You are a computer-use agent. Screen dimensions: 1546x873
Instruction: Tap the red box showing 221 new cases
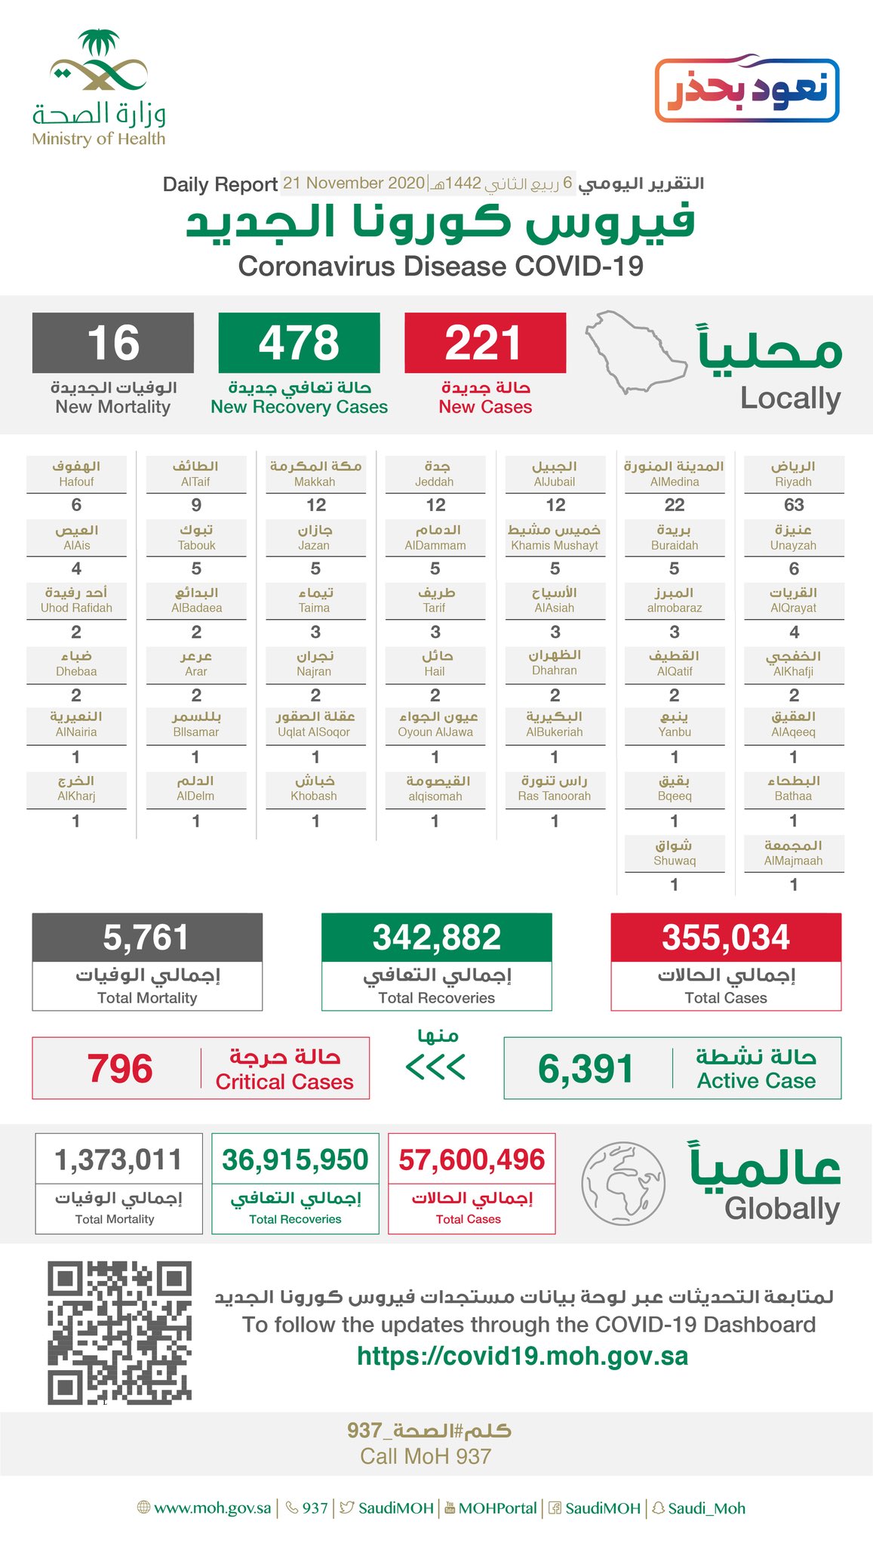pyautogui.click(x=484, y=343)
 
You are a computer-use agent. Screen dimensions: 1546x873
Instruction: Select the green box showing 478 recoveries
pyautogui.click(x=299, y=343)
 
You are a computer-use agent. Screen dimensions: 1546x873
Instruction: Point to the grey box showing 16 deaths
pyautogui.click(x=113, y=343)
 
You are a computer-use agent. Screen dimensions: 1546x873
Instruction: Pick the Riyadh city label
pyautogui.click(x=793, y=474)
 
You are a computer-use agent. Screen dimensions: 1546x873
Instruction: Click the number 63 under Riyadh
pyautogui.click(x=794, y=505)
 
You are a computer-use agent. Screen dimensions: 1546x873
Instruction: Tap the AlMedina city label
pyautogui.click(x=675, y=474)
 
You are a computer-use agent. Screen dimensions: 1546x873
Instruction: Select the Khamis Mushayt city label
pyautogui.click(x=555, y=537)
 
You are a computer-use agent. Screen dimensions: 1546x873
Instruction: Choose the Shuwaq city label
pyautogui.click(x=675, y=853)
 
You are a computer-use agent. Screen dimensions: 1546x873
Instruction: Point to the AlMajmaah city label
pyautogui.click(x=793, y=853)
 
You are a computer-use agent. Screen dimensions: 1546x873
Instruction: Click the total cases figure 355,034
pyautogui.click(x=726, y=938)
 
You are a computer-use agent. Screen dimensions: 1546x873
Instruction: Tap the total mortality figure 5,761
pyautogui.click(x=146, y=938)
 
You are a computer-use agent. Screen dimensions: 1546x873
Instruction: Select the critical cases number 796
pyautogui.click(x=120, y=1069)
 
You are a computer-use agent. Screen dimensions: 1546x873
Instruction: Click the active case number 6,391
pyautogui.click(x=586, y=1069)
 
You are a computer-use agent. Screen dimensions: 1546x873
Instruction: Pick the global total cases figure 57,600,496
pyautogui.click(x=472, y=1159)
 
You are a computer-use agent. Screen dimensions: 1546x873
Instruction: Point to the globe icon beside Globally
pyautogui.click(x=623, y=1183)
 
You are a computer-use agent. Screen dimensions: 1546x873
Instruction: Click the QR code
pyautogui.click(x=119, y=1332)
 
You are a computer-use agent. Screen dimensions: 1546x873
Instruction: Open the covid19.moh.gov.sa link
pyautogui.click(x=522, y=1357)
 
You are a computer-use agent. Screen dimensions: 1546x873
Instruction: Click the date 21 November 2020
pyautogui.click(x=354, y=183)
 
